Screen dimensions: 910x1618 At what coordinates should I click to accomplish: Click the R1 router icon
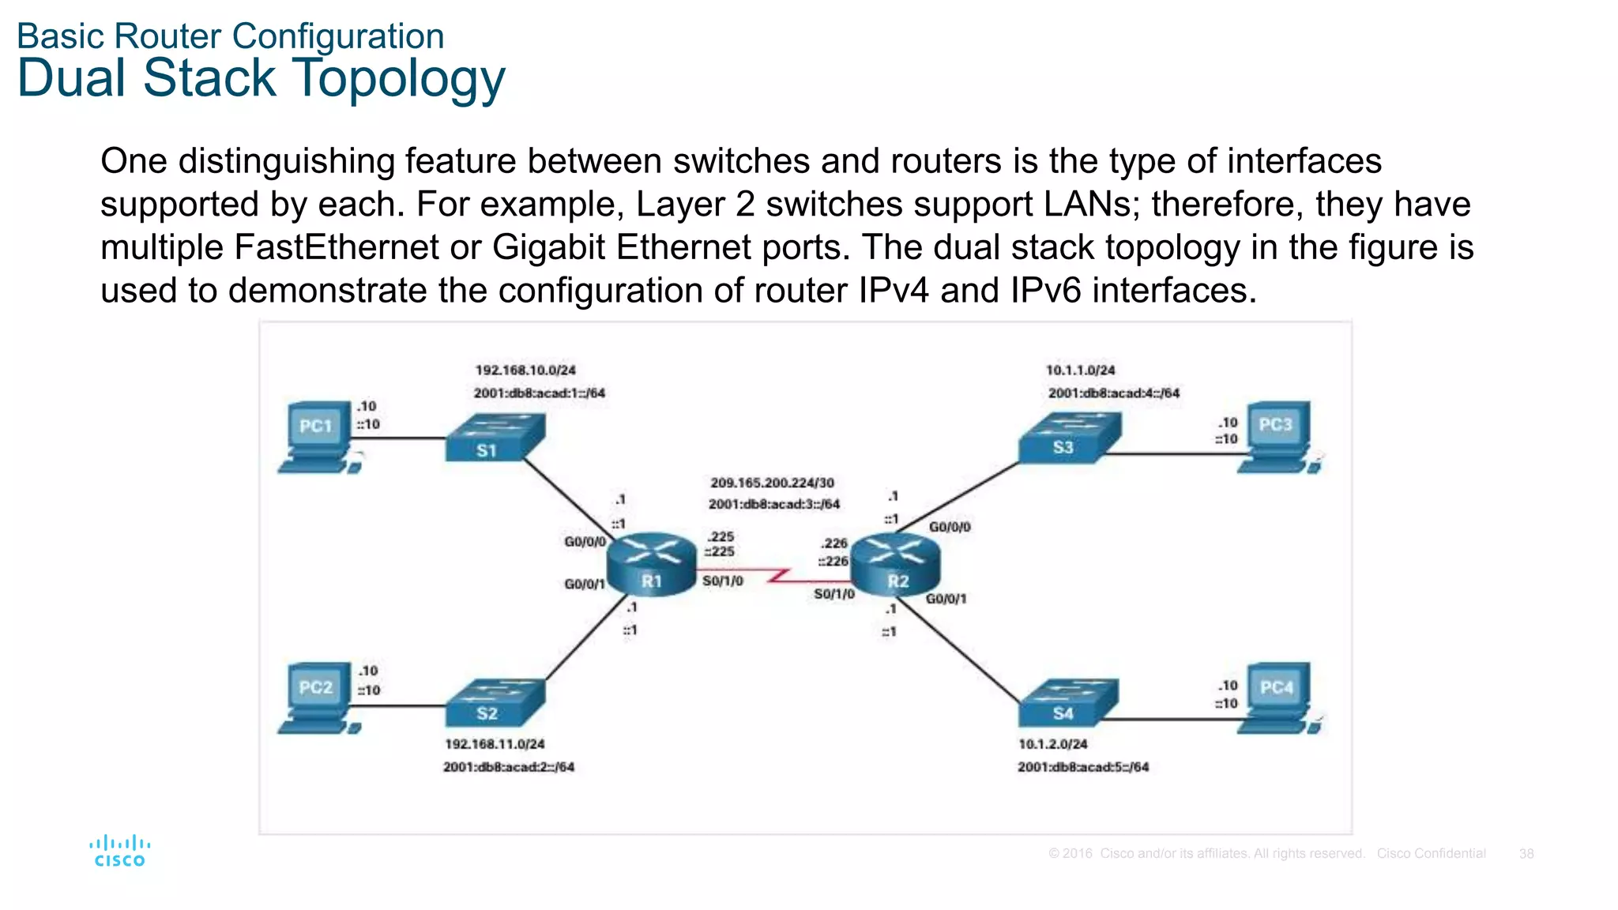[651, 564]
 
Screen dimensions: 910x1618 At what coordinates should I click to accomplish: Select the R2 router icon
[896, 564]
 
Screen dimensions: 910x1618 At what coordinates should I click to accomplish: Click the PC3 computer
[1277, 437]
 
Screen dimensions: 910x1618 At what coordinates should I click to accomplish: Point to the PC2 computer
[318, 698]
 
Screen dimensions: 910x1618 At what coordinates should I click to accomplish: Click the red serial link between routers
[778, 577]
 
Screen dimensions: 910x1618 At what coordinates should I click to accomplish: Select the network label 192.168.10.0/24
[525, 370]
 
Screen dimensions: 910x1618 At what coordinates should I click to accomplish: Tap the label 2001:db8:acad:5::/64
[1082, 766]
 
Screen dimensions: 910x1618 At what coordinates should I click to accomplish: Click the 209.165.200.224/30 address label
[772, 483]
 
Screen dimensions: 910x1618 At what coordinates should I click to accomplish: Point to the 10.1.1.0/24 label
[1080, 370]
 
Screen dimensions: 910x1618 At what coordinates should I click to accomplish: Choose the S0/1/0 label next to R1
[722, 581]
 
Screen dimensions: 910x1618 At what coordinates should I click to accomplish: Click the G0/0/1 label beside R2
[946, 599]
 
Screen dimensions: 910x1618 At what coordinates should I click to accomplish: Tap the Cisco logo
[120, 851]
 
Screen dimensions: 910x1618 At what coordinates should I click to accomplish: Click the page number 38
[1526, 853]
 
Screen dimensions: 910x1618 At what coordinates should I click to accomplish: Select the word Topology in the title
[399, 79]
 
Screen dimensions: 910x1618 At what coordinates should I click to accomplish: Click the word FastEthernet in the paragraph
[336, 247]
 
